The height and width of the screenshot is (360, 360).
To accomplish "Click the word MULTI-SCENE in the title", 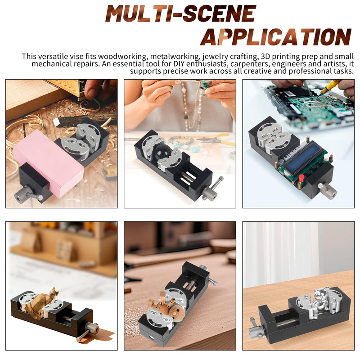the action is (x=181, y=13).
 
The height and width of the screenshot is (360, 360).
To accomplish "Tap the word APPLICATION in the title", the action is (x=276, y=37).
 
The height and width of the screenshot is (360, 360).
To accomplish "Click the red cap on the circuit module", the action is (x=301, y=177).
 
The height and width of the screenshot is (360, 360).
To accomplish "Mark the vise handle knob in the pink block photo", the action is (x=22, y=193).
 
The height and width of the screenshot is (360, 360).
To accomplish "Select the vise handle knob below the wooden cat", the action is (x=92, y=328).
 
